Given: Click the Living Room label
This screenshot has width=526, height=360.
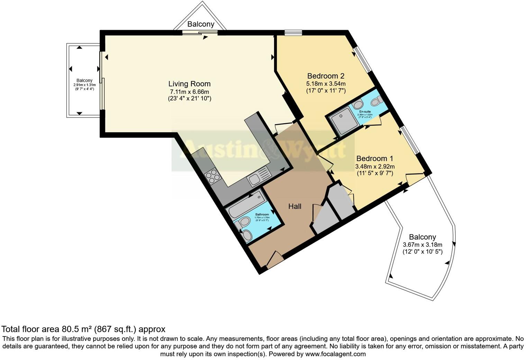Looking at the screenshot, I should point(189,84).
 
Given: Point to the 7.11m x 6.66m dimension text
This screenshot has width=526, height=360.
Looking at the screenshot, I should point(189,92).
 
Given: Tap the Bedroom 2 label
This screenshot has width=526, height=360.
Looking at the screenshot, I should point(326,76).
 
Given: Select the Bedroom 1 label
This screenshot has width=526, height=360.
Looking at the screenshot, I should point(375,159).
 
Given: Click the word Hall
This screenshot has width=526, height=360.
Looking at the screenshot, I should point(295,206).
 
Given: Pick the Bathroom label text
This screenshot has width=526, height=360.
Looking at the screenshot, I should point(262,214).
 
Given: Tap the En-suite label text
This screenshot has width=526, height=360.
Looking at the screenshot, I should point(365,111).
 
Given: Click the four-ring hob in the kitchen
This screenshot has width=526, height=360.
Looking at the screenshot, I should point(212,177).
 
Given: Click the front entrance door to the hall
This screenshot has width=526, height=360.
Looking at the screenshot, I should point(274,260).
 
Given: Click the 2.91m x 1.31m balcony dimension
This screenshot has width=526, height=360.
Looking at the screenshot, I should point(84,85).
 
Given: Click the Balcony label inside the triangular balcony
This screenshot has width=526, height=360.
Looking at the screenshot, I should point(201,24).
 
